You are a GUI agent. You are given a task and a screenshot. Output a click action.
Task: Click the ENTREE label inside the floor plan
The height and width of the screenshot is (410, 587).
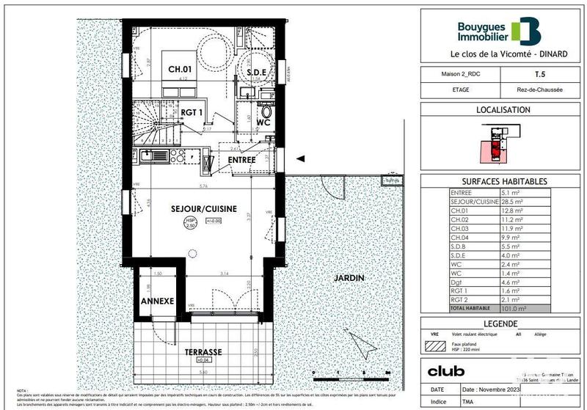coord(241,160)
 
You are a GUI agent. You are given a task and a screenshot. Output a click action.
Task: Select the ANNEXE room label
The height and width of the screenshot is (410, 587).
coord(157,301)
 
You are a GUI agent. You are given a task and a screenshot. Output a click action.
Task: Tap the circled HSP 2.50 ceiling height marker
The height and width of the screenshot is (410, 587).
coord(190,222)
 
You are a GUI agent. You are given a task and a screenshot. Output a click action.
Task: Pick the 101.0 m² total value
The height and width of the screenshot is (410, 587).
coord(518,309)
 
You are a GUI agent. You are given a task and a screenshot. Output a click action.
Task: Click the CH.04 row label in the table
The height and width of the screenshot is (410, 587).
coord(462,236)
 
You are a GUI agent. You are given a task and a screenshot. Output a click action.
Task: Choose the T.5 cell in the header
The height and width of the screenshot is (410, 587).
coord(540,74)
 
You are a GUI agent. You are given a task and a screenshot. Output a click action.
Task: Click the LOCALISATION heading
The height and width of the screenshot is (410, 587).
coord(503,109)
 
